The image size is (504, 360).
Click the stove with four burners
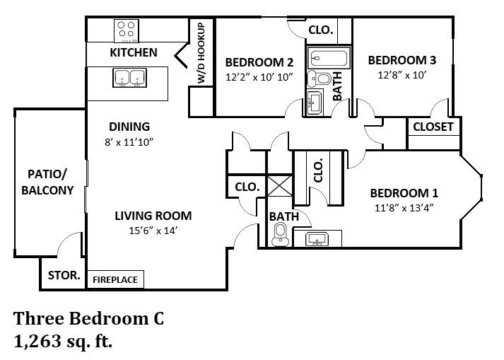click(x=126, y=30)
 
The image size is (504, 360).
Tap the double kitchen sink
click(x=130, y=78)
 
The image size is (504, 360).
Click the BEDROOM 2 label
click(x=259, y=62)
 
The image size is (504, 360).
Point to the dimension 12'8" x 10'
click(x=401, y=74)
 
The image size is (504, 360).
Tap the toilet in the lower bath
click(x=280, y=233)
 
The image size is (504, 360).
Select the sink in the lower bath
click(x=317, y=240)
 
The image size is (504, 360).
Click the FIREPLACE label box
click(x=116, y=279)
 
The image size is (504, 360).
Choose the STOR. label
click(x=63, y=277)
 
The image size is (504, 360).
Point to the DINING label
click(x=129, y=127)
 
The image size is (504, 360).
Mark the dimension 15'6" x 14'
click(x=153, y=230)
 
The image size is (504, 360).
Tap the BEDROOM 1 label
click(x=404, y=193)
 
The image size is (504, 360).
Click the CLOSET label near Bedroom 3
click(x=433, y=127)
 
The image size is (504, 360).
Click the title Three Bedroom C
click(x=89, y=318)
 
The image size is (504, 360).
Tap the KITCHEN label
click(x=134, y=53)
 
